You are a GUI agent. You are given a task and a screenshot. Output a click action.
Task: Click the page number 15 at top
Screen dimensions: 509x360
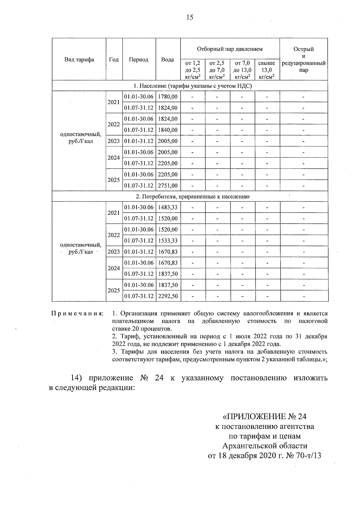[189, 17]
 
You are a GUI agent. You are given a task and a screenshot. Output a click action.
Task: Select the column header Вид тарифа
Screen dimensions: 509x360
[79, 59]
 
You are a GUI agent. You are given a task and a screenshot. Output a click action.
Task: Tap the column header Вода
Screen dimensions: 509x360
[168, 59]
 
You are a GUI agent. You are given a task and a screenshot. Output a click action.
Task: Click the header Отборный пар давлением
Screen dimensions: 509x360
[230, 49]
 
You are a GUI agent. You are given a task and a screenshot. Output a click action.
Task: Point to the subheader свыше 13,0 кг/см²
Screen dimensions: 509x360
[267, 70]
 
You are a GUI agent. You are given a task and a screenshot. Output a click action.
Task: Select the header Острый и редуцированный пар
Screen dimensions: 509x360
[304, 59]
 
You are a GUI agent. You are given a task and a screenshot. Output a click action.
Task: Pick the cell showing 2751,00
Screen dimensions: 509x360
[168, 186]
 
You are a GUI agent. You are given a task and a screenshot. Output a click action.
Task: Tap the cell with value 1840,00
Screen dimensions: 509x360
[168, 130]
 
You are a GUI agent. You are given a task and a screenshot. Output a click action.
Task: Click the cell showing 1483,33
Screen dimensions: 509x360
[168, 208]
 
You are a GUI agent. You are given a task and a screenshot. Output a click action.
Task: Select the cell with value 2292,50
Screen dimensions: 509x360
[168, 296]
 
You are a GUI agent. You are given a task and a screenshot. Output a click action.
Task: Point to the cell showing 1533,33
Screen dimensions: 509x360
[168, 241]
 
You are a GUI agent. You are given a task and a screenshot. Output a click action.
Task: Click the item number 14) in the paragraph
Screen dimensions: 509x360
[78, 378]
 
